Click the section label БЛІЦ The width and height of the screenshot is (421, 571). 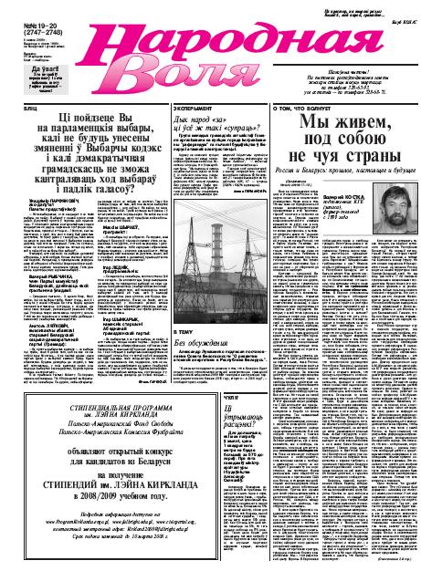pos(13,106)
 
